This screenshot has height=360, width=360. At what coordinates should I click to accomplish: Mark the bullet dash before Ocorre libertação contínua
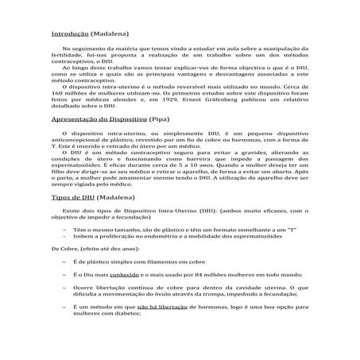coord(62,287)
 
